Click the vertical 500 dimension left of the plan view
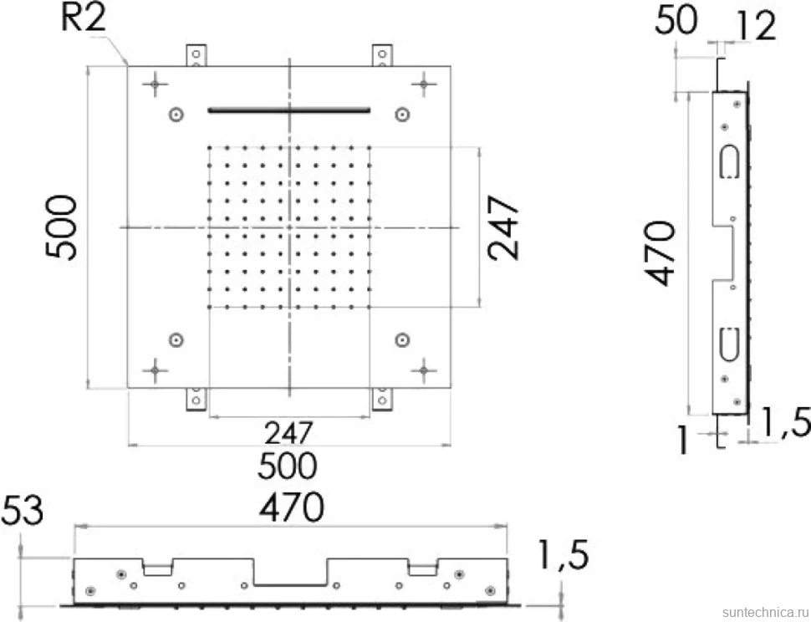(x=61, y=227)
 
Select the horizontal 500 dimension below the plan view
(x=287, y=466)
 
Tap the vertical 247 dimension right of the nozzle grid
(x=502, y=227)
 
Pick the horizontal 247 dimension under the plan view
(x=288, y=433)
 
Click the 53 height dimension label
(x=23, y=511)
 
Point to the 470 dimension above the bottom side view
(x=292, y=507)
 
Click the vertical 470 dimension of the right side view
(x=661, y=253)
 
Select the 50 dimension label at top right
(x=676, y=21)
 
